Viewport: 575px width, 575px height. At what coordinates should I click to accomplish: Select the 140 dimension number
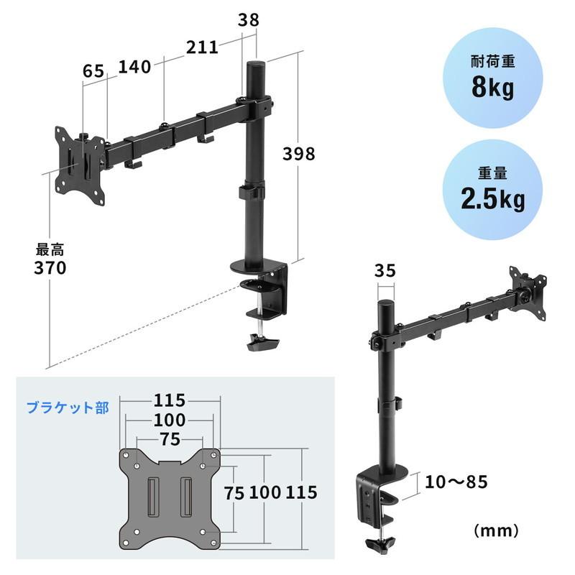pyautogui.click(x=134, y=67)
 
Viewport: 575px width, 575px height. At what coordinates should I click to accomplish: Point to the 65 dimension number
pyautogui.click(x=93, y=71)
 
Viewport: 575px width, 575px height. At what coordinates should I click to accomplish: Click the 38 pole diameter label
pyautogui.click(x=247, y=22)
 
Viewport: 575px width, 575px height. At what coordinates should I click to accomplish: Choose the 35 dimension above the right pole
pyautogui.click(x=385, y=271)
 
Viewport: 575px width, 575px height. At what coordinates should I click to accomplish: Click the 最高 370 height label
pyautogui.click(x=50, y=260)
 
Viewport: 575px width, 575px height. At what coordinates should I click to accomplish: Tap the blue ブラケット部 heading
pyautogui.click(x=68, y=408)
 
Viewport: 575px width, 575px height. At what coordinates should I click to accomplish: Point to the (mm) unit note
pyautogui.click(x=496, y=531)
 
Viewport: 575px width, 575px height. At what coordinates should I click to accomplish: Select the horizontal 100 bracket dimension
pyautogui.click(x=170, y=420)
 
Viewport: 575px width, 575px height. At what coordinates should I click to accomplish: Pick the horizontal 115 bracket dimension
pyautogui.click(x=170, y=400)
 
